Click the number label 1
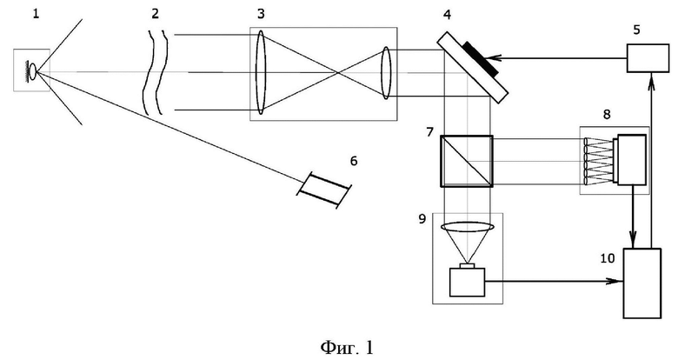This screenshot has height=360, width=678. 36,14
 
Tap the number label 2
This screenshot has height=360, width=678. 156,14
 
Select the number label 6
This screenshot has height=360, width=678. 354,161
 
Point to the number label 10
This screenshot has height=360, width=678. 608,258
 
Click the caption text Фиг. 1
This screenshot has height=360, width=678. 347,347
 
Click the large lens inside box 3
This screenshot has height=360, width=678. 260,72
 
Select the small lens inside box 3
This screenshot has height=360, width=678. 386,73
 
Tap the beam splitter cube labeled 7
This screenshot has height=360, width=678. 467,161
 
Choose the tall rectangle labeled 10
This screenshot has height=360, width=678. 642,283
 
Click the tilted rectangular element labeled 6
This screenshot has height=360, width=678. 324,190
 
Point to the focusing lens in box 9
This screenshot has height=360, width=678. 468,227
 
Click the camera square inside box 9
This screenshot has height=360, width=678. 468,282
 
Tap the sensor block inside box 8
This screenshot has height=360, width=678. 632,160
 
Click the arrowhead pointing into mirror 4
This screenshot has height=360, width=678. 495,57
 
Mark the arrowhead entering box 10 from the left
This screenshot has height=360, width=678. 617,281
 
